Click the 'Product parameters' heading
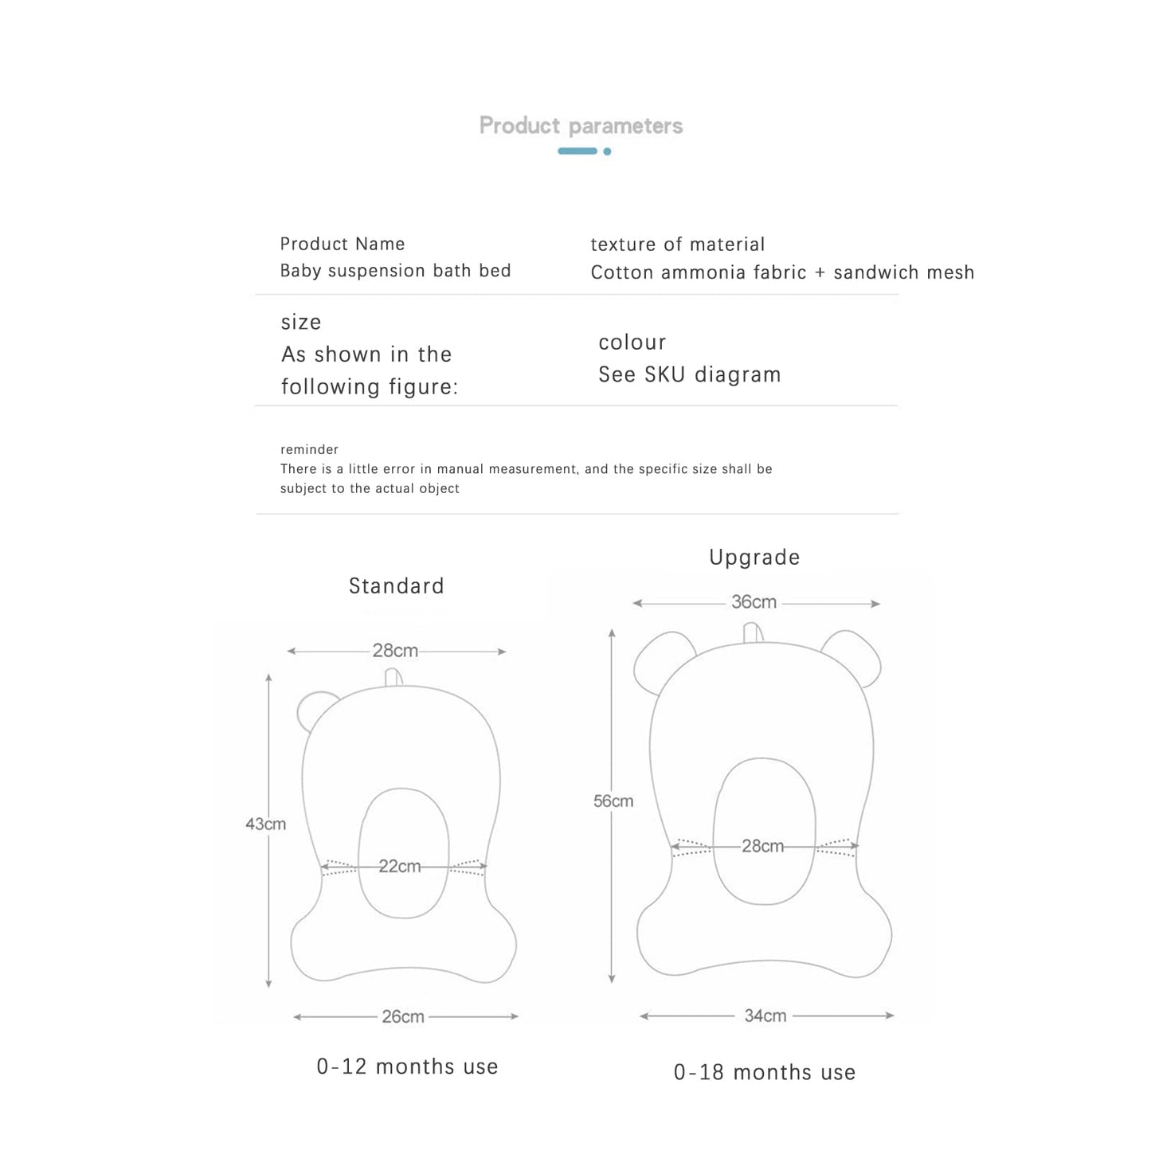[581, 126]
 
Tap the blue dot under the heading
[607, 151]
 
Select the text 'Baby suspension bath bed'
[395, 271]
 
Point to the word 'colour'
[632, 343]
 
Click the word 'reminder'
[309, 449]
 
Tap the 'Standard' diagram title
[396, 586]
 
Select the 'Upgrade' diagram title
[754, 558]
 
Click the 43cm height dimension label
[265, 824]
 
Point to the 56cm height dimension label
[613, 801]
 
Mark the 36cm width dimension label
[754, 602]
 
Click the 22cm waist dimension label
[399, 867]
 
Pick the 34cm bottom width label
[765, 1016]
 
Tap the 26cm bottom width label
[402, 1017]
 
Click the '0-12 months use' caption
[407, 1067]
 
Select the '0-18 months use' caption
[765, 1072]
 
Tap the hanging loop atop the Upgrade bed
[753, 632]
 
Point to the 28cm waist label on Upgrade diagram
[762, 846]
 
